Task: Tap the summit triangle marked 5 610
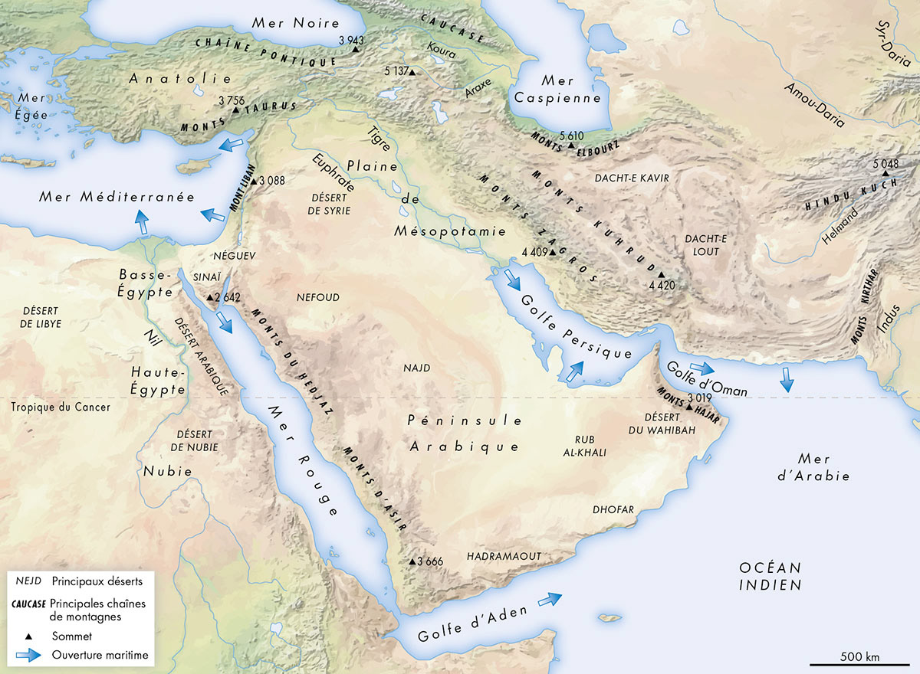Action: pyautogui.click(x=571, y=145)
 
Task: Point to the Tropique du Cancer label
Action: pyautogui.click(x=61, y=407)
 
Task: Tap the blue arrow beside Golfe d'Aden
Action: pyautogui.click(x=550, y=599)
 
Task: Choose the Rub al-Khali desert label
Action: pyautogui.click(x=590, y=446)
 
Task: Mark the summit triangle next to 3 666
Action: pyautogui.click(x=412, y=561)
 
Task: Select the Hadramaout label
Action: pyautogui.click(x=504, y=556)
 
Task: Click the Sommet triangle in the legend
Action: pyautogui.click(x=28, y=636)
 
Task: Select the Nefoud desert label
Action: pyautogui.click(x=323, y=297)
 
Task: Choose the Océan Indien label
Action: pyautogui.click(x=770, y=576)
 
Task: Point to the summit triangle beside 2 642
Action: pyautogui.click(x=210, y=297)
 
